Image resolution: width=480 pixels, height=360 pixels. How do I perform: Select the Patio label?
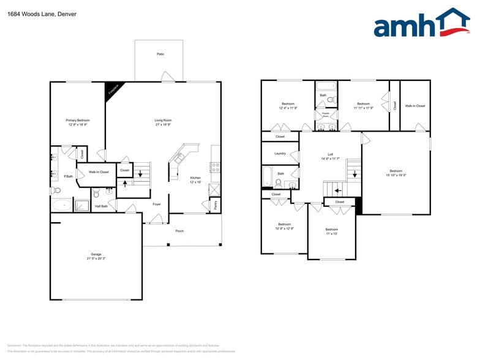160,54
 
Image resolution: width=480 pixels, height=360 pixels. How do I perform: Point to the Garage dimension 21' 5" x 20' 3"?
96,258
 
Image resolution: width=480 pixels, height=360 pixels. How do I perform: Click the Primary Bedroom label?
78,120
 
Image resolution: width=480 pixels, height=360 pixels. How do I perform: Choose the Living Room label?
163,120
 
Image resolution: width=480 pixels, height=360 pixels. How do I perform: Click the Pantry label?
215,205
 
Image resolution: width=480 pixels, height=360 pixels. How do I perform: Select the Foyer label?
157,204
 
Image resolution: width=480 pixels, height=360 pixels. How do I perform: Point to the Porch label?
179,231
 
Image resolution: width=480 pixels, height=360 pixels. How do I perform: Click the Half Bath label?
101,206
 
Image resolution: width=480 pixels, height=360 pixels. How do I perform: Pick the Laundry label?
280,153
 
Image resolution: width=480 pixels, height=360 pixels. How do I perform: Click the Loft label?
330,154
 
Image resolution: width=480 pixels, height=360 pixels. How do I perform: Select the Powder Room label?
326,114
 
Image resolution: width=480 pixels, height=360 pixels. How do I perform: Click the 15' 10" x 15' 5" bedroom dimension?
396,175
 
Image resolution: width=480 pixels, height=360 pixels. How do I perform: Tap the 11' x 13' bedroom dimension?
331,233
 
